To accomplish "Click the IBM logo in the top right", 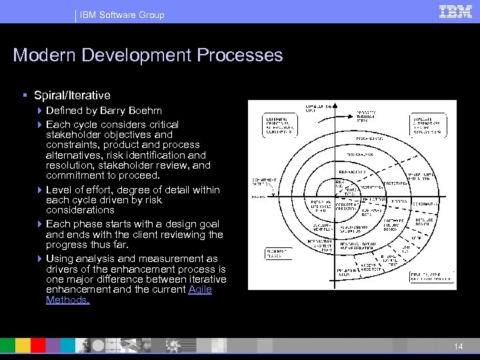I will [456, 11].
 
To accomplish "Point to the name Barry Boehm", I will [135, 110].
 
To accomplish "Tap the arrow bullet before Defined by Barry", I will [39, 110].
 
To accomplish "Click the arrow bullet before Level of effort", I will [39, 190].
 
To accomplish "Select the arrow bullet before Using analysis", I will [39, 259].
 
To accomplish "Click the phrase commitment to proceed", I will [103, 175].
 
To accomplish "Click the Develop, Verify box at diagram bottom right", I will [429, 275].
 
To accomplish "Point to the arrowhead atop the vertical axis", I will [334, 105].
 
